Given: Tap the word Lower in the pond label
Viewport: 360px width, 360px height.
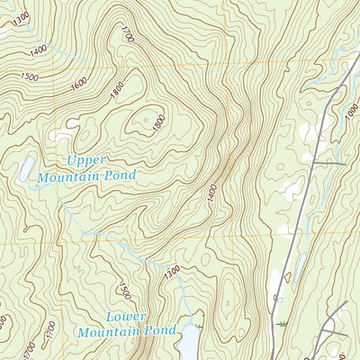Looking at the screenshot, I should point(125,317).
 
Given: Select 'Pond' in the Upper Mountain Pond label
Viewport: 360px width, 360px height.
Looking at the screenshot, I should point(118,176).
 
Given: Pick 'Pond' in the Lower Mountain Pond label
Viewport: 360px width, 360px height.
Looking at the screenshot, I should point(160,331).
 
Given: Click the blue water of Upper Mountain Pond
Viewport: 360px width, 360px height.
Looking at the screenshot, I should point(27,166).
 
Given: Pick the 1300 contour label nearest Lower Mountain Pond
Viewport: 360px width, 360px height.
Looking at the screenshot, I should point(171,269).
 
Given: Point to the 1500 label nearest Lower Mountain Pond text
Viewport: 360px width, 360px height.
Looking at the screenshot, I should point(124,290).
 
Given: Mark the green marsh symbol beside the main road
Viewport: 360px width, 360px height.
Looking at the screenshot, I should point(284,322).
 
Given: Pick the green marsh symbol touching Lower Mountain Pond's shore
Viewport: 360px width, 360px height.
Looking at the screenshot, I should point(199,316).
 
